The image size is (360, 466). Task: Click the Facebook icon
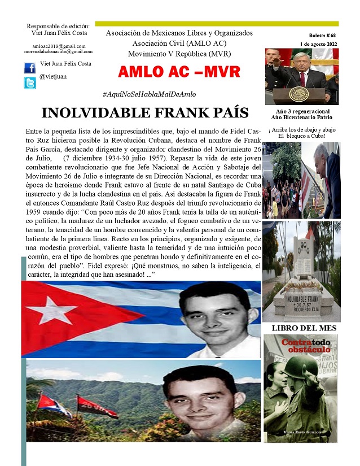29,67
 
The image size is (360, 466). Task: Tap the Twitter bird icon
29,83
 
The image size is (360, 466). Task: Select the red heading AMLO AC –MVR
180,72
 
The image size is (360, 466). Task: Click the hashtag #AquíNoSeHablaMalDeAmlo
150,94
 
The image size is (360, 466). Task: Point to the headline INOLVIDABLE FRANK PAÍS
145,112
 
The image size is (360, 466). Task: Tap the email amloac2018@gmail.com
59,46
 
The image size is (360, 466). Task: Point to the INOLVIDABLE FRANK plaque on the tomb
300,299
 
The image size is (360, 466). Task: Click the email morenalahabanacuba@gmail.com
58,51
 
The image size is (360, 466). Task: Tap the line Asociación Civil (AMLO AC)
179,43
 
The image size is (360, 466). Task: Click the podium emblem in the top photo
299,94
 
